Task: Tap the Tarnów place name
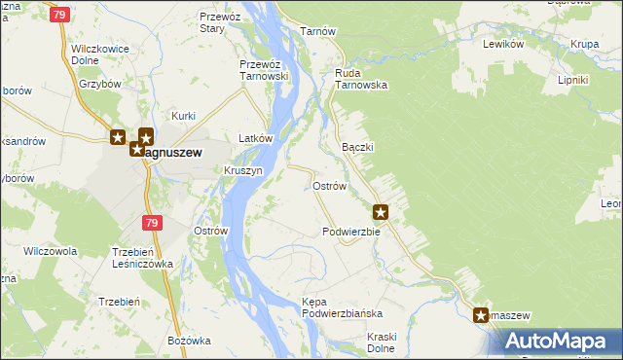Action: point(318,31)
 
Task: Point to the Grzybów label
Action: point(100,84)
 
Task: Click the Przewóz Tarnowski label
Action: point(264,71)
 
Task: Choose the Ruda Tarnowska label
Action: point(361,78)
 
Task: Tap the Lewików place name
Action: point(504,44)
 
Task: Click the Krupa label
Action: point(584,44)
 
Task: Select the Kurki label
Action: point(184,116)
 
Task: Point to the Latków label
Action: point(255,139)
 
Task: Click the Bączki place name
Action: point(358,146)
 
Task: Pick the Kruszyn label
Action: point(243,170)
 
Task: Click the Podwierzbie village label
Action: point(350,232)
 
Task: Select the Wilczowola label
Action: point(50,251)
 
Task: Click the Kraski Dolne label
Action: point(368,342)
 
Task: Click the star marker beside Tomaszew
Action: point(481,314)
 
